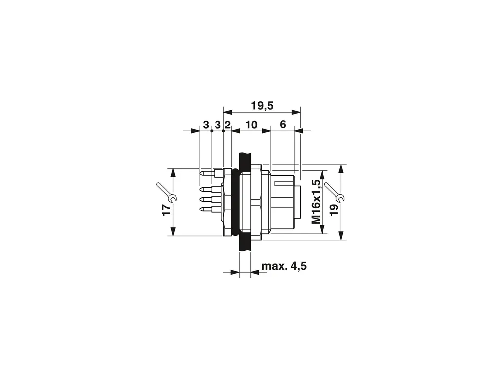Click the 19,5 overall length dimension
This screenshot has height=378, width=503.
click(x=262, y=105)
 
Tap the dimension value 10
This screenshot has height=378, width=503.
click(x=251, y=125)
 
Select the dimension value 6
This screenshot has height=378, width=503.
click(x=283, y=124)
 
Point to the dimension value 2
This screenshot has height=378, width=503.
click(x=227, y=125)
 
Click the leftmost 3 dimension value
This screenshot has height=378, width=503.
click(x=206, y=125)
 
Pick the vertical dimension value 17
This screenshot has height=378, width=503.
click(x=167, y=210)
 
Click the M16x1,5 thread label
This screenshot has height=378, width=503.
click(x=316, y=202)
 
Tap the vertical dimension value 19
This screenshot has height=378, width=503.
click(x=334, y=210)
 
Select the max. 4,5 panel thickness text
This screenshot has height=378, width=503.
click(x=284, y=266)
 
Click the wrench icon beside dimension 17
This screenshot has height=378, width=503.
click(x=167, y=192)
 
